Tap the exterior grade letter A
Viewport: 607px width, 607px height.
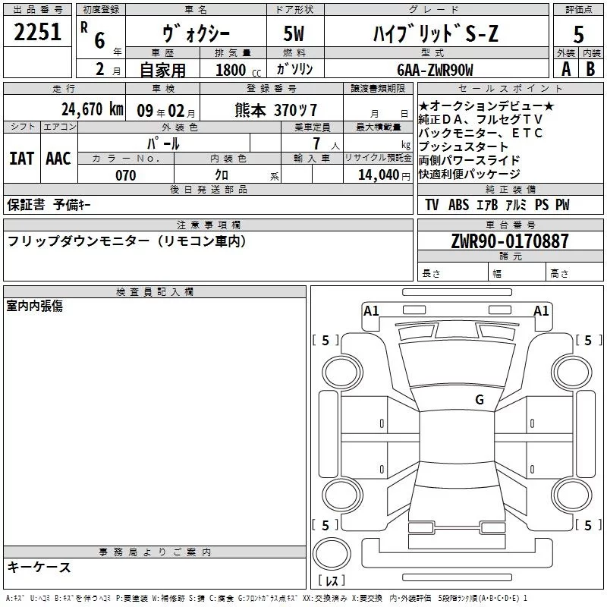(x=565, y=68)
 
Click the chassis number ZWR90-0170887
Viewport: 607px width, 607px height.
(x=509, y=241)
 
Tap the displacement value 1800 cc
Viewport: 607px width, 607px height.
(x=234, y=70)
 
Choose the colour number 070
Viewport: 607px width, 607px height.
(x=126, y=175)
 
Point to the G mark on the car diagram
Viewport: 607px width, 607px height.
(x=480, y=400)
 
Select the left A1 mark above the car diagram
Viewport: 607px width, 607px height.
(x=371, y=310)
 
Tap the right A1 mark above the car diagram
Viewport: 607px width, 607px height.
(x=541, y=310)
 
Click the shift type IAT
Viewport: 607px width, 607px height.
(x=21, y=159)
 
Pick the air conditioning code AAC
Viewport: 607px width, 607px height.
(x=58, y=159)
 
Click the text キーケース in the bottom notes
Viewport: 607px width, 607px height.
(x=39, y=567)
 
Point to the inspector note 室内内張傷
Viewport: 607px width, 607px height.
(x=35, y=306)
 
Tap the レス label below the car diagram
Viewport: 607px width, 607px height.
(x=332, y=582)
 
